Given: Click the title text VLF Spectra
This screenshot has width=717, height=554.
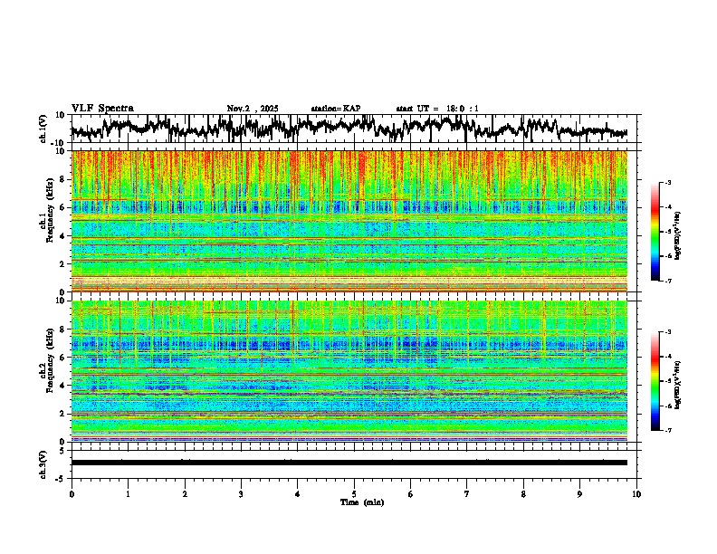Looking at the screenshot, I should click(102, 109).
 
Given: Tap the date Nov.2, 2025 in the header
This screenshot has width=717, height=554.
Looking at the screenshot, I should click(253, 109).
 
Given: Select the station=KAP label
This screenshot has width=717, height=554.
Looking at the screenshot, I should click(336, 109).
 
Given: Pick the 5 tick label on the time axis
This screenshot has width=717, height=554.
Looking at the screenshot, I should click(354, 493).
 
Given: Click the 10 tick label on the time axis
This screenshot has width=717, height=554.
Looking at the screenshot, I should click(636, 493).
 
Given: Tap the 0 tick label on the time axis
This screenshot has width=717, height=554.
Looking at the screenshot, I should click(72, 493).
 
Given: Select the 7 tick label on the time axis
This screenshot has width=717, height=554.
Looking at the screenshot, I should click(467, 493).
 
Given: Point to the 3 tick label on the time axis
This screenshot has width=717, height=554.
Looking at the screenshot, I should click(241, 493).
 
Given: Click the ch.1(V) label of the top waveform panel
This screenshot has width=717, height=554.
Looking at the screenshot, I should click(43, 129).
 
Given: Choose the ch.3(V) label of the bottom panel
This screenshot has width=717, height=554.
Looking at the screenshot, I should click(43, 463).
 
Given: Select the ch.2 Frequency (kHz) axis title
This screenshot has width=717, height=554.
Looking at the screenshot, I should click(45, 371).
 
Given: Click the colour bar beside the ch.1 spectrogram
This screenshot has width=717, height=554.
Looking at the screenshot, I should click(655, 233).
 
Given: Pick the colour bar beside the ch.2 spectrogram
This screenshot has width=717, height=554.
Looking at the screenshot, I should click(655, 381).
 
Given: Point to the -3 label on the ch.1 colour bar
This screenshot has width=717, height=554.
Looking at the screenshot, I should click(667, 184).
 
